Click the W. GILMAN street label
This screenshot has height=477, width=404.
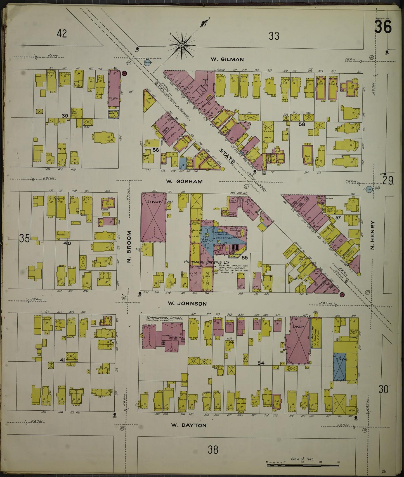[x=227, y=59]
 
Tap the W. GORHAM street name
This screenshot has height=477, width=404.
[x=184, y=181]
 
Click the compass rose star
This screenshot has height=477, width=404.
[x=182, y=45]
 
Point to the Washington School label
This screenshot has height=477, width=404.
[x=164, y=318]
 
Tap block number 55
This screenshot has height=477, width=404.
[x=245, y=257]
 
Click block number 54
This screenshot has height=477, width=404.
[x=261, y=363]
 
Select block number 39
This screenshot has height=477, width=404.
[x=65, y=116]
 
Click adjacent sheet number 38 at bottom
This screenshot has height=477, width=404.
[x=213, y=450]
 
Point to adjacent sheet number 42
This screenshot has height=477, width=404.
[x=62, y=34]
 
